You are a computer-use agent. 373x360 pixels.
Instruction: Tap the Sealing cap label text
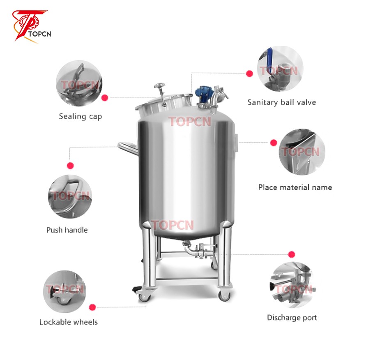coord(80,116)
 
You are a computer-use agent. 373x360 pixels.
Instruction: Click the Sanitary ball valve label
coord(281,102)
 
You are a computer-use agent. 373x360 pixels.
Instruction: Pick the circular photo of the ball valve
coord(280,69)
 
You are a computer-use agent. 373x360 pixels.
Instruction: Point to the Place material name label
coord(295,187)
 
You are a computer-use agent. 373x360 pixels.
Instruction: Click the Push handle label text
coord(67,230)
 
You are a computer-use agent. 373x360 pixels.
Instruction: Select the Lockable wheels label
coord(69,322)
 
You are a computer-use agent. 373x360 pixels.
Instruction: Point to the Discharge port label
coord(292,318)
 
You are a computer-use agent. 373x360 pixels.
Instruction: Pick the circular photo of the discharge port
coord(291,285)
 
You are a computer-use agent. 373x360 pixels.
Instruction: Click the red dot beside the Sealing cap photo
coord(105,98)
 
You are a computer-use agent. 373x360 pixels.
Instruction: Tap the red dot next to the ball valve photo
coord(249,74)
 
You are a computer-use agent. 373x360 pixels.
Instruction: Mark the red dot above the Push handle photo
coord(70,166)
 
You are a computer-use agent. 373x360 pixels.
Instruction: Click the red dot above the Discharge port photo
coord(292,254)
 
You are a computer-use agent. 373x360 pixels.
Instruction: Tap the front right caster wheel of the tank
coord(224,295)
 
